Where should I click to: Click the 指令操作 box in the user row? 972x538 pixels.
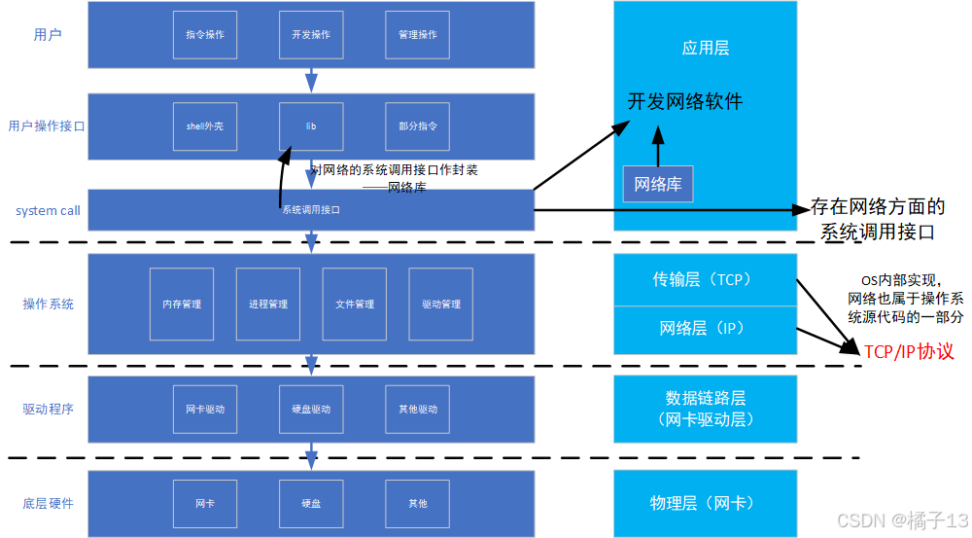coord(204,35)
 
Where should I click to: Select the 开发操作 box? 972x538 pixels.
coord(310,35)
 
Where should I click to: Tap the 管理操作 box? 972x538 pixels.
coord(417,35)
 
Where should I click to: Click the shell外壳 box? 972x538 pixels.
coord(204,126)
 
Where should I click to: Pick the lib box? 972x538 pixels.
coord(310,126)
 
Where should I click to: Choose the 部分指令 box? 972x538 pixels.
coord(417,126)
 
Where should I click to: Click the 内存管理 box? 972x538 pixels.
coord(182,305)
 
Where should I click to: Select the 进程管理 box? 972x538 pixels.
coord(268,305)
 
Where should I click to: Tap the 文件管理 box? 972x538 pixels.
coord(355,305)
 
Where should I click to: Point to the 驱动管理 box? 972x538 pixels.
coord(441,305)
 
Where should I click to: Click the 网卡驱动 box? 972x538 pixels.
coord(204,410)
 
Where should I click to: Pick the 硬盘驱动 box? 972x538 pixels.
coord(310,410)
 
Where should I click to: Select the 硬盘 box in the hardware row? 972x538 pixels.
coord(310,504)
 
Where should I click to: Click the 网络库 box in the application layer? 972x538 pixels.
coord(658,184)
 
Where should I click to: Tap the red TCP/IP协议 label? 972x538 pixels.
coord(909,351)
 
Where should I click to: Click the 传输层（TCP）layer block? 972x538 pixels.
coord(705,280)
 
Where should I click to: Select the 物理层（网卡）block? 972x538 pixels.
coord(705,503)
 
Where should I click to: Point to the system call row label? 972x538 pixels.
coord(48,210)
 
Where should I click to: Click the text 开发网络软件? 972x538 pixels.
coord(684,101)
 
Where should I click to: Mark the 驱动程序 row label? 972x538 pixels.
coord(48,409)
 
